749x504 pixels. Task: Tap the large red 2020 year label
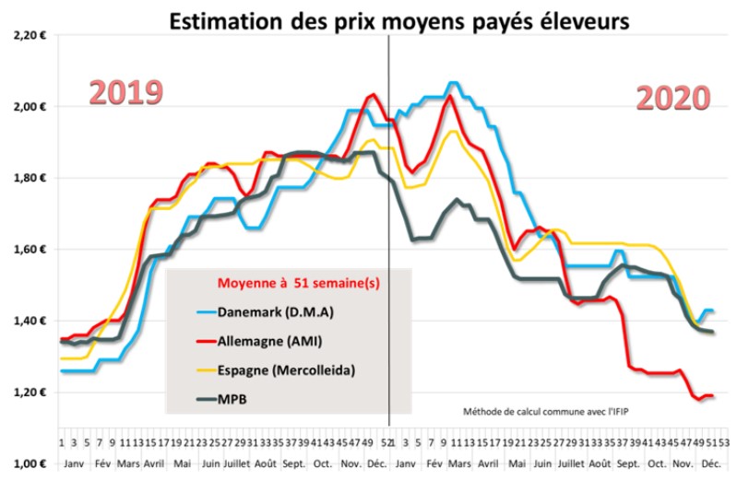tap(673, 98)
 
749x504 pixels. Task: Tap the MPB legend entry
tap(231, 400)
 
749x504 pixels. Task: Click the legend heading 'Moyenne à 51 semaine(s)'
tap(290, 283)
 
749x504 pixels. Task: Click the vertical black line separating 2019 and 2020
tap(388, 230)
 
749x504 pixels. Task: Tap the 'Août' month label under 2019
tap(266, 462)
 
